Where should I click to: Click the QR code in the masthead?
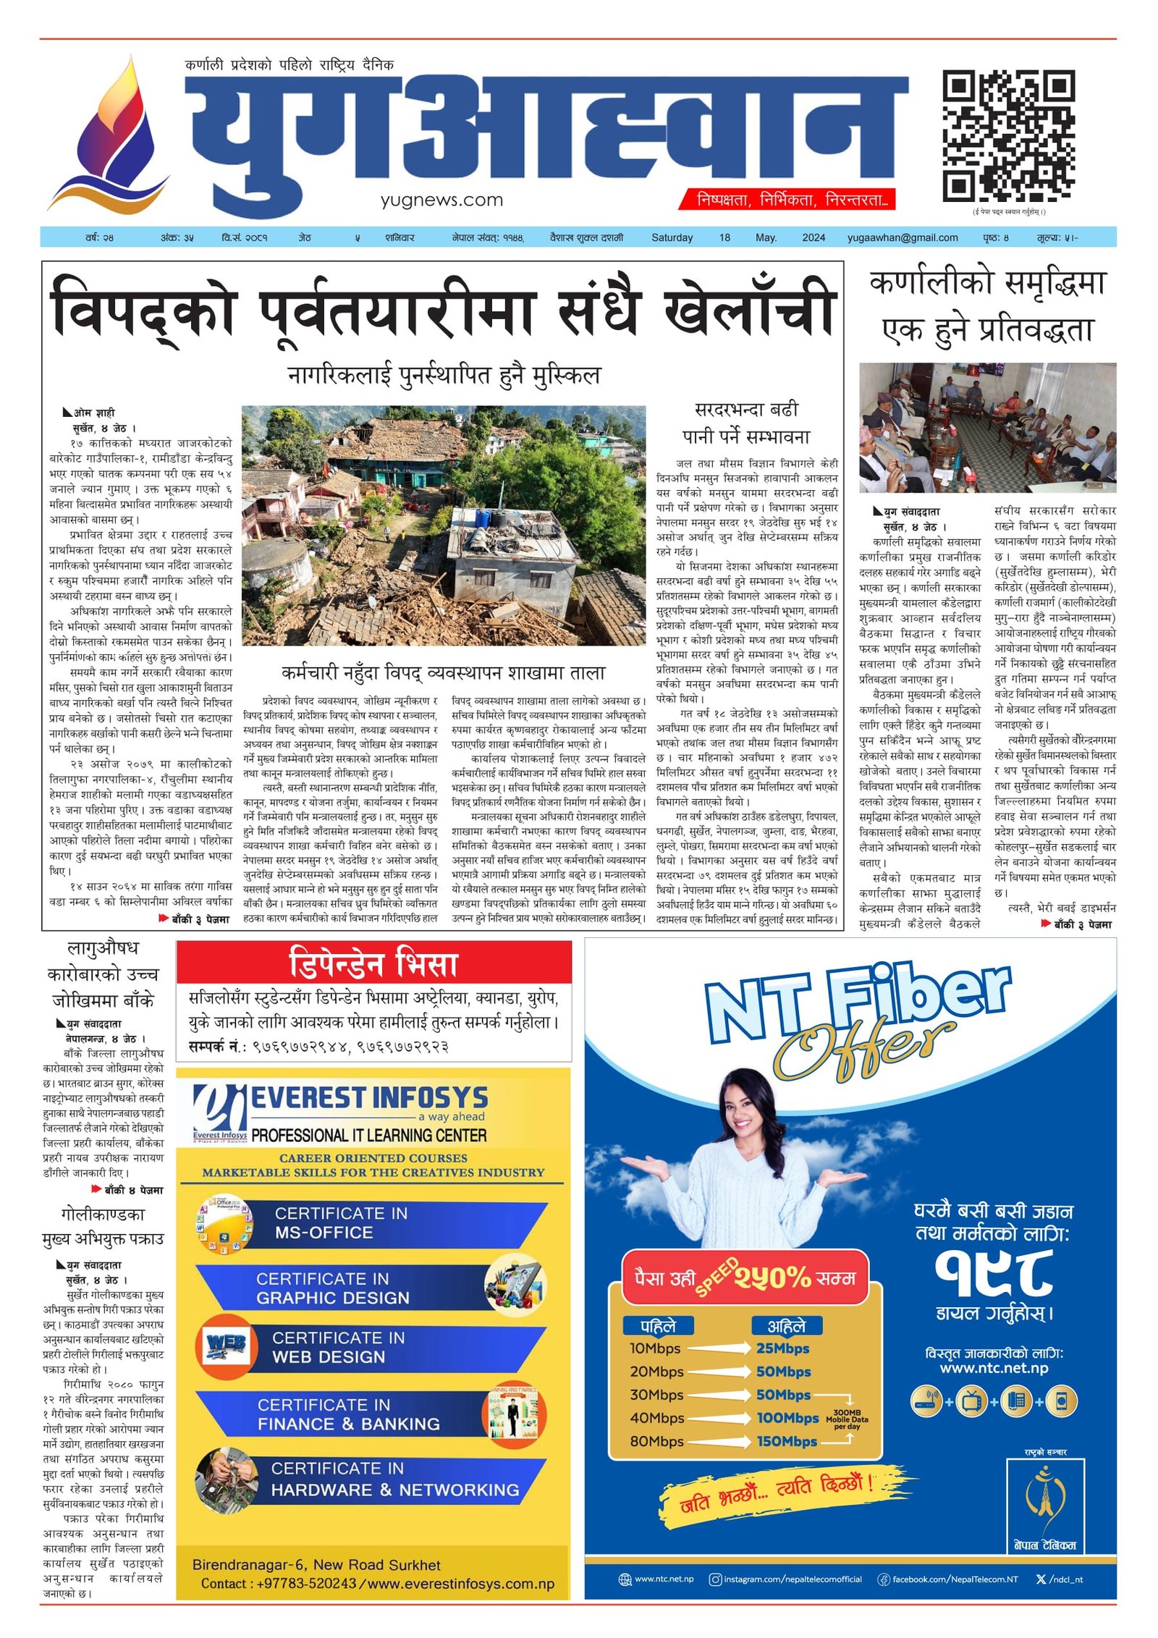click(x=1008, y=135)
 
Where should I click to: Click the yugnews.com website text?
click(x=441, y=200)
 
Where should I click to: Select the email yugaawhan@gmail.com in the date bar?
click(x=903, y=237)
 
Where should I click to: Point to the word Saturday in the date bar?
click(x=672, y=237)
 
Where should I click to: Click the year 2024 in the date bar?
click(x=813, y=237)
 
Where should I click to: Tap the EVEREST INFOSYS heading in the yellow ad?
click(x=369, y=1098)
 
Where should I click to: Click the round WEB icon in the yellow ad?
click(x=226, y=1346)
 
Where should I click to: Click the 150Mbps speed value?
click(x=787, y=1441)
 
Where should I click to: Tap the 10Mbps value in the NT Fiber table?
click(x=655, y=1348)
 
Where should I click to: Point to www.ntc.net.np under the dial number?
click(x=994, y=1368)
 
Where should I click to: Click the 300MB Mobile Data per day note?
click(x=847, y=1419)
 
